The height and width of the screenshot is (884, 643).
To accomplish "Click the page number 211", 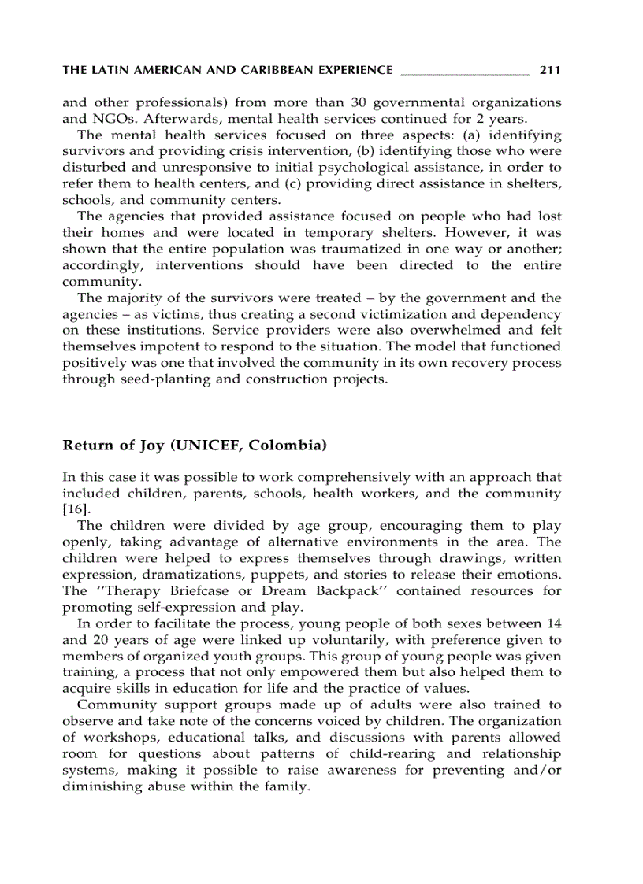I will pos(550,71).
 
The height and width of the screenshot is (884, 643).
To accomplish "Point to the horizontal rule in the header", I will pos(465,73).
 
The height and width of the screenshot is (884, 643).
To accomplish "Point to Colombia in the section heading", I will pos(288,446).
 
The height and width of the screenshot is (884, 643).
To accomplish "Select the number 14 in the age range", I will pos(553,623).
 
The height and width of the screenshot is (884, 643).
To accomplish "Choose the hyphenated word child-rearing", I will pos(382,754).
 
